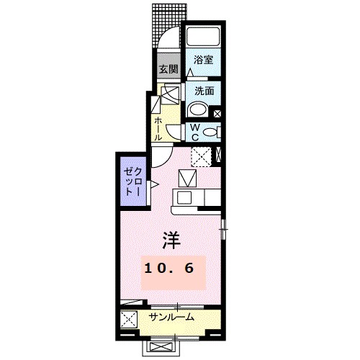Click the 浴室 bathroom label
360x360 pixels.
pyautogui.click(x=204, y=61)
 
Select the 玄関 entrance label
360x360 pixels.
pyautogui.click(x=168, y=70)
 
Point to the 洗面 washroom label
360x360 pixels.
pyautogui.click(x=204, y=91)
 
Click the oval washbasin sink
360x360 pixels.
pyautogui.click(x=197, y=110)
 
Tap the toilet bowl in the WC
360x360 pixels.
pyautogui.click(x=209, y=132)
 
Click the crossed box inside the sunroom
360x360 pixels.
pyautogui.click(x=129, y=320)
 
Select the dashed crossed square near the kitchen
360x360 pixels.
pyautogui.click(x=199, y=156)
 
